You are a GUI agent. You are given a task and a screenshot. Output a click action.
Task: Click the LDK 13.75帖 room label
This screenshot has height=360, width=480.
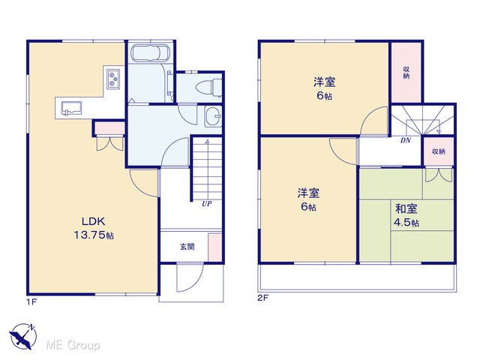tap(94, 228)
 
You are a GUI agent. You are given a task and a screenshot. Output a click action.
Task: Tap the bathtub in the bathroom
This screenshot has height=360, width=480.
tap(150, 53)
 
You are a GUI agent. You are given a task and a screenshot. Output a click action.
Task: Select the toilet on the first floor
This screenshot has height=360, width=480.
tap(208, 87)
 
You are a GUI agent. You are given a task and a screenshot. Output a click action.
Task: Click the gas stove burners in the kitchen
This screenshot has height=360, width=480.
tap(113, 79)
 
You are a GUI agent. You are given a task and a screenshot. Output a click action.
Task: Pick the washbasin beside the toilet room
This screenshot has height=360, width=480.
tap(213, 116)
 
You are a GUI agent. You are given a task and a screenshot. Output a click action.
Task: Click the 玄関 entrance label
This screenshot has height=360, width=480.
tap(187, 247)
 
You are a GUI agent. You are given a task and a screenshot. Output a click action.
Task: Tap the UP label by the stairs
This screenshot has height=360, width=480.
tap(207, 203)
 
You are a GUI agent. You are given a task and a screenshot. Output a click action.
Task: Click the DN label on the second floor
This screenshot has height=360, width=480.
tap(406, 140)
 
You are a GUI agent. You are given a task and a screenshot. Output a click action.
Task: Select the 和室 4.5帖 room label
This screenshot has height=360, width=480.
tap(406, 215)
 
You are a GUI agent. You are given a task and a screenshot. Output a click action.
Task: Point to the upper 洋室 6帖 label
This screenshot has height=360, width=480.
tap(324, 88)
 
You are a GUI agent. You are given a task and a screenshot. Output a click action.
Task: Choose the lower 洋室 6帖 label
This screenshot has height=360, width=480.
tap(308, 199)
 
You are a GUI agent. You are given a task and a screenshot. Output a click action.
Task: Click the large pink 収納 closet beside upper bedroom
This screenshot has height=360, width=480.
tap(406, 73)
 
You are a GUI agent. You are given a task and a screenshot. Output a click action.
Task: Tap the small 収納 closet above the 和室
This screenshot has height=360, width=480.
tap(438, 151)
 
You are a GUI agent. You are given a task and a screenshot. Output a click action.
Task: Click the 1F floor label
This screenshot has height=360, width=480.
tap(31, 302)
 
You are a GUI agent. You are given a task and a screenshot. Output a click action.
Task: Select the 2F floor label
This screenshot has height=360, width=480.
tap(262, 298)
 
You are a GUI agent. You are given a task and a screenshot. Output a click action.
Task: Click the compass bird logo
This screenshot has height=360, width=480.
tap(23, 336)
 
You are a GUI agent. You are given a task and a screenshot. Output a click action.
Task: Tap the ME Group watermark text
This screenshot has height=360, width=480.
tap(73, 345)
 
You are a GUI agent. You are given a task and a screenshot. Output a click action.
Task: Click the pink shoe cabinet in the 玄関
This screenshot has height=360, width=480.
tap(215, 247)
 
